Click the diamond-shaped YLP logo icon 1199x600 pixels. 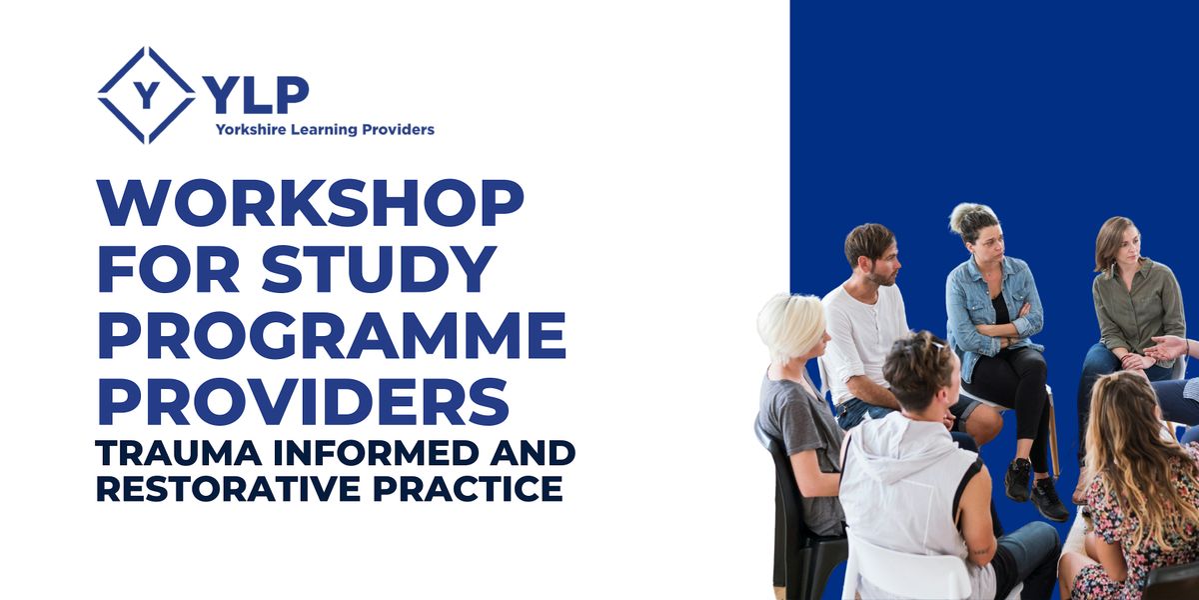click(x=147, y=95)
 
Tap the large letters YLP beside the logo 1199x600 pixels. click(x=256, y=95)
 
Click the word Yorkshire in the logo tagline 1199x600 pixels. click(x=249, y=129)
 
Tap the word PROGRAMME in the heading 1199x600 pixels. click(x=332, y=336)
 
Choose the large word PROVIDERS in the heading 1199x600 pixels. click(x=303, y=402)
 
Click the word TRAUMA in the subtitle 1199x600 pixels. click(x=165, y=453)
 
